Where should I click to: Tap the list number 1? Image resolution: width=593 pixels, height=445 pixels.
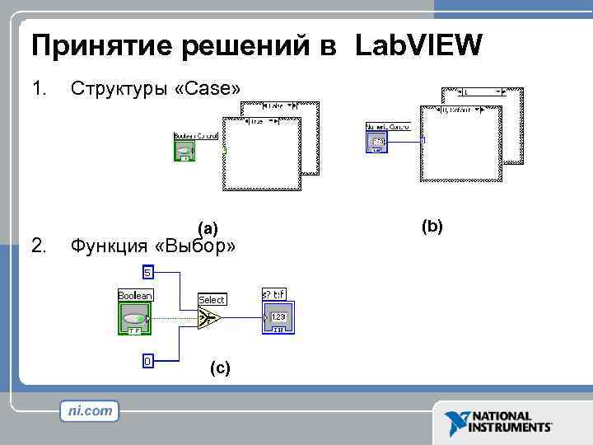(38, 87)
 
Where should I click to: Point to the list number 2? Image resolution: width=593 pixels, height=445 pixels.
(38, 245)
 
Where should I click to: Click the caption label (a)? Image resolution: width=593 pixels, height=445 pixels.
(208, 228)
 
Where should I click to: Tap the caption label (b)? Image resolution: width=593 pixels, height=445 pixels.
(432, 225)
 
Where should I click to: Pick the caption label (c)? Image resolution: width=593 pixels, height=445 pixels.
(220, 368)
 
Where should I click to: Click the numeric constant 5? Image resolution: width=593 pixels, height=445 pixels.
(147, 272)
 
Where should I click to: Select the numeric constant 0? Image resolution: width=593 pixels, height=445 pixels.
(147, 361)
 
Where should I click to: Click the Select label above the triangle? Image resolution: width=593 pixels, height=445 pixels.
(212, 299)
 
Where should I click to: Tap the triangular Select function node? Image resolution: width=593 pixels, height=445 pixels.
(209, 318)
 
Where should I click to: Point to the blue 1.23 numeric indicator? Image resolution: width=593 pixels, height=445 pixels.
(278, 318)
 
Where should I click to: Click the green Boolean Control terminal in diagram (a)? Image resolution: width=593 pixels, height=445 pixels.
(185, 150)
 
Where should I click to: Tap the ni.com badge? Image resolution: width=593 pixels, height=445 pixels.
(89, 410)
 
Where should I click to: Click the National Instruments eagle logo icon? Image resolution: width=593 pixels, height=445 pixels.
(455, 423)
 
